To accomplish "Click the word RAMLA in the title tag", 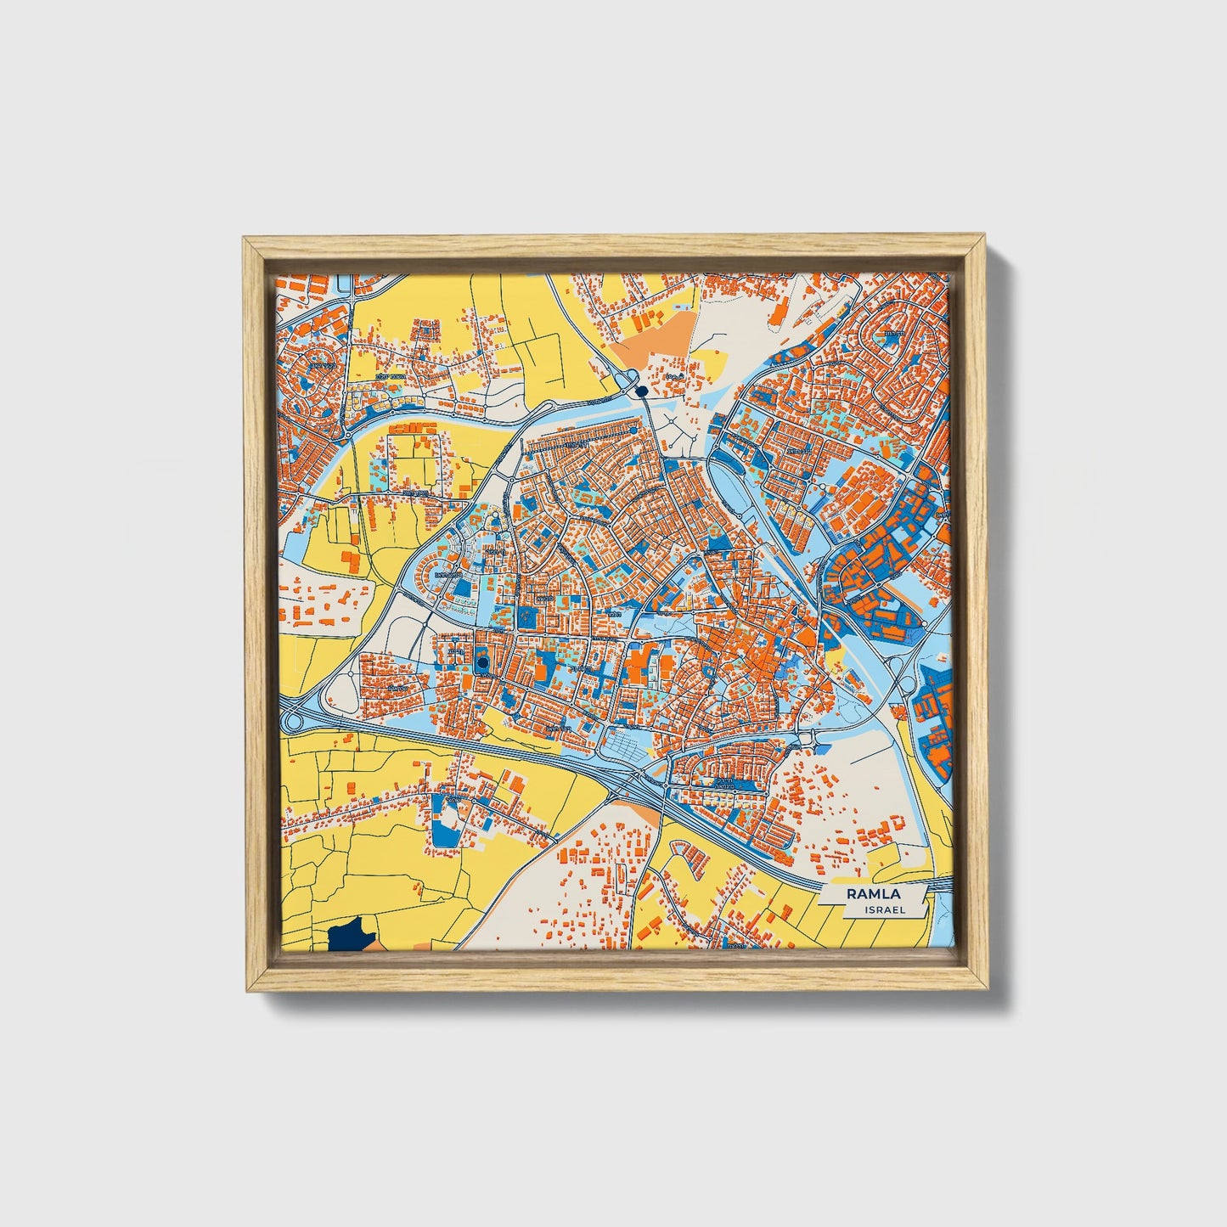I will click(x=873, y=893).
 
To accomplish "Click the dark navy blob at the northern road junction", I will click(x=641, y=390).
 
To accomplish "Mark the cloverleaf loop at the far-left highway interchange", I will click(x=294, y=721).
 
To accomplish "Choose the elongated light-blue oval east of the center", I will click(x=729, y=484).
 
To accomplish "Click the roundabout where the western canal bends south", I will click(x=348, y=436).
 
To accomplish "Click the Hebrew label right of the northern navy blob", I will click(x=675, y=375).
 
